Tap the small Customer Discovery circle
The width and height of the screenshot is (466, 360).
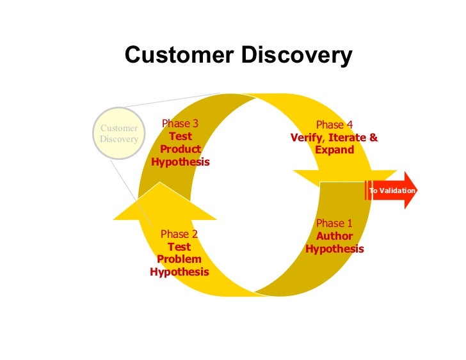pos(119,133)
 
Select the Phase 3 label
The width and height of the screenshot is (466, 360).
pos(180,124)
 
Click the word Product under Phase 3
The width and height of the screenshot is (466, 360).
pos(180,150)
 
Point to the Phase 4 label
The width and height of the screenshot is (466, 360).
pos(334,125)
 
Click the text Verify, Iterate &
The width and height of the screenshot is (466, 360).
pos(334,137)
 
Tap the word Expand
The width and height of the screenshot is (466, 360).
pos(334,150)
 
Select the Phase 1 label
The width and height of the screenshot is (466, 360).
pos(334,223)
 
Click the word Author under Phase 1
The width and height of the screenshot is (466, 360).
pos(334,236)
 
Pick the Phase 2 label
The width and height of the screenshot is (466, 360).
pos(179,234)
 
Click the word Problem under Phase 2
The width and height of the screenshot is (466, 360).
pos(179,260)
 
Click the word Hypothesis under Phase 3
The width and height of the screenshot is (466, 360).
pos(180,162)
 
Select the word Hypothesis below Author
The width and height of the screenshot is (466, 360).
pos(334,249)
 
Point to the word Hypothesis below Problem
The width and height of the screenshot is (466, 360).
pos(179,272)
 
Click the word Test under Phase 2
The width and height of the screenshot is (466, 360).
pos(179,247)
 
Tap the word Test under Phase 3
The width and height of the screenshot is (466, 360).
pos(180,137)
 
